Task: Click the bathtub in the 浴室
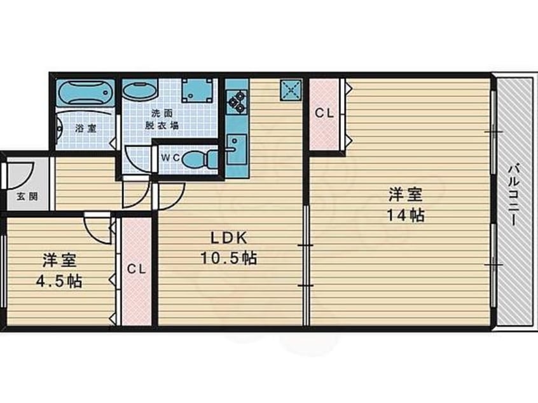(85, 92)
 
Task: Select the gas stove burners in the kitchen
(237, 101)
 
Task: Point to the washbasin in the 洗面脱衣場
(140, 91)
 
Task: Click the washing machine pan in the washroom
(197, 90)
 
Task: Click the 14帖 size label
(406, 215)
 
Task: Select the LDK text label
(228, 238)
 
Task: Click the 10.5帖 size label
(228, 258)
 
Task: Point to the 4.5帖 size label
(59, 281)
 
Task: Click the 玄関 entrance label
(27, 197)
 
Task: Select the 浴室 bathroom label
(86, 128)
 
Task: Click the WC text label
(170, 158)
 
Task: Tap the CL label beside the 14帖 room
(324, 113)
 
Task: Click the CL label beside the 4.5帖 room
(137, 270)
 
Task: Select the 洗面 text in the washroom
(162, 113)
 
